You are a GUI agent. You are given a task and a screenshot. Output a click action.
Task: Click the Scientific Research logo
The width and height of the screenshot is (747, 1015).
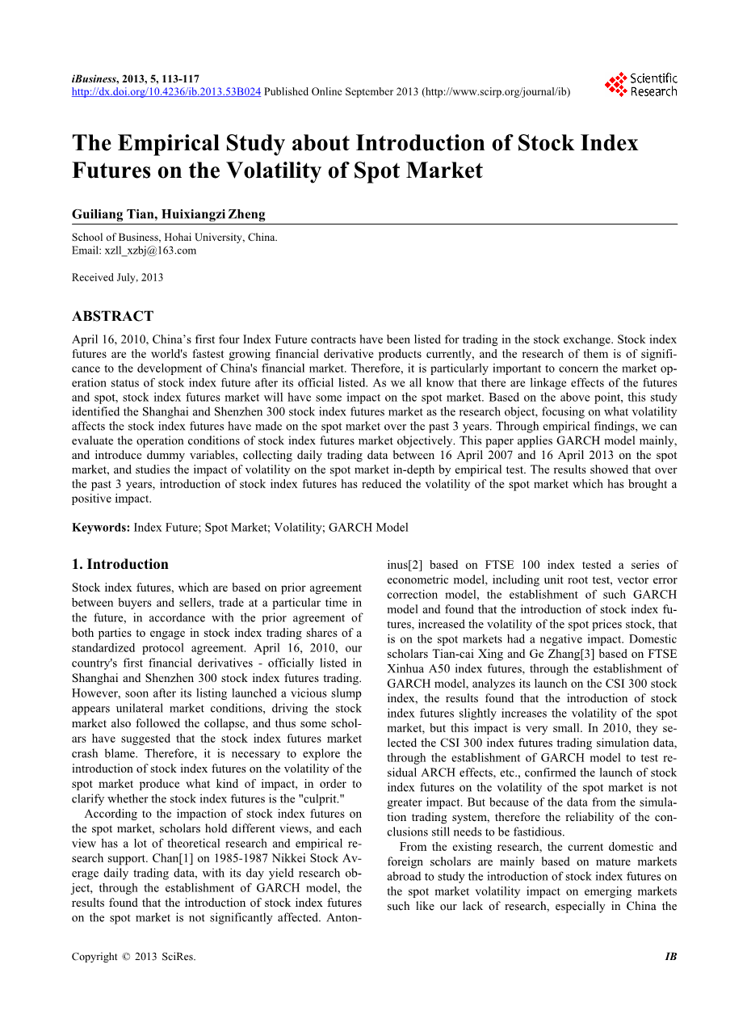[x=642, y=85]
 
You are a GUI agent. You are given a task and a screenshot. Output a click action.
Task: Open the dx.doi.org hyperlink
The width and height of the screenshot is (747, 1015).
[x=166, y=92]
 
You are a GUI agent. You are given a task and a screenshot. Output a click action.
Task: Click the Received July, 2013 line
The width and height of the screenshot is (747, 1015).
[x=117, y=277]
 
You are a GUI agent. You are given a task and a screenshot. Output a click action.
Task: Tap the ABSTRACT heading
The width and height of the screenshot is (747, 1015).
[x=112, y=316]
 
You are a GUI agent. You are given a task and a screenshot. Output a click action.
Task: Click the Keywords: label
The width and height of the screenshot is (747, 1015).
[x=101, y=528]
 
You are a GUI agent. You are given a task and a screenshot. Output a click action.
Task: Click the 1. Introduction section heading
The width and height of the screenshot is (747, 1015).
[x=120, y=564]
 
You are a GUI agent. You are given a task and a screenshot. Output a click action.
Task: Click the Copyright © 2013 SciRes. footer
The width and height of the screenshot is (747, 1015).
[x=133, y=957]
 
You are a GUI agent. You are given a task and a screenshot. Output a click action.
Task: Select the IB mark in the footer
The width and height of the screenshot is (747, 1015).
[x=670, y=957]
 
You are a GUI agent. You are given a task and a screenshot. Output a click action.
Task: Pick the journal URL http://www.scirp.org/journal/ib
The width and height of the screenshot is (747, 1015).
[x=495, y=92]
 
